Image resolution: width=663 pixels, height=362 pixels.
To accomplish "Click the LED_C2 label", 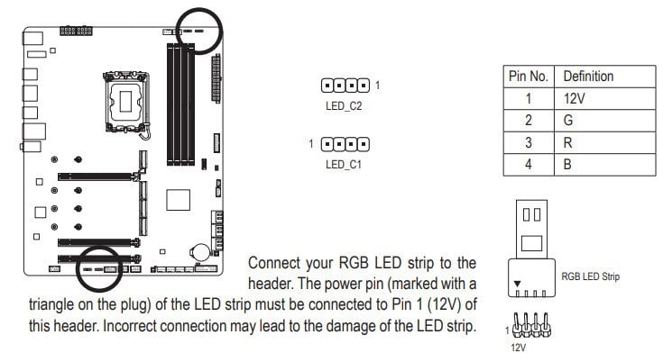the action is click(x=344, y=106).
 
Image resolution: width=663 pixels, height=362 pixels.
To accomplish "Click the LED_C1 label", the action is click(x=344, y=164).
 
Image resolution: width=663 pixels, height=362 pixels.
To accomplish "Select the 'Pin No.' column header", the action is click(x=529, y=77).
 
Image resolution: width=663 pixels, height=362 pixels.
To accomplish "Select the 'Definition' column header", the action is click(x=588, y=77).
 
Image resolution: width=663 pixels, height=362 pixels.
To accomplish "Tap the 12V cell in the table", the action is click(x=574, y=99).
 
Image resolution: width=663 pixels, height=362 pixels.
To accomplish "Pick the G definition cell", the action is click(x=568, y=121).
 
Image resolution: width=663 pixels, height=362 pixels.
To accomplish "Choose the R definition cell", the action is click(x=568, y=142).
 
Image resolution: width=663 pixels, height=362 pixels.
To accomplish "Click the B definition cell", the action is click(x=567, y=164).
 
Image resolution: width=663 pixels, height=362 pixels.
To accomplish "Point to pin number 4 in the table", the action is click(x=529, y=164).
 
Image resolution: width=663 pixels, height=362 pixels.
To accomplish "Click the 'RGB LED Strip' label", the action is click(x=590, y=276).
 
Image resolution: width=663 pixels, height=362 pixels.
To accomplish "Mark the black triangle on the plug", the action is click(x=517, y=284).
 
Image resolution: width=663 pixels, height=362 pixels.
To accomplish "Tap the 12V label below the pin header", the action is click(x=519, y=348).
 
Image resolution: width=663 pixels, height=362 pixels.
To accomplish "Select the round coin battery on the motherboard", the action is click(x=199, y=252).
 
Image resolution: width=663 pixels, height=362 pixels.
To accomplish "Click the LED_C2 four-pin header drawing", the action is click(x=345, y=86).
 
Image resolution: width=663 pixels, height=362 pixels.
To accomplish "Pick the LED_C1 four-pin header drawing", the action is click(x=345, y=144).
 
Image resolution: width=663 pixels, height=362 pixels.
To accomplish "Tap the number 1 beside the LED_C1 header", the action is click(x=311, y=144).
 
